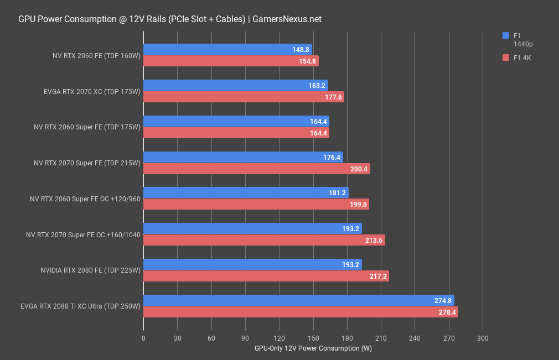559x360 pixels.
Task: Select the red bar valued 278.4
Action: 301,312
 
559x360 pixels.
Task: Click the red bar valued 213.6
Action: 264,240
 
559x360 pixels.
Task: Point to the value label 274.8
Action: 443,301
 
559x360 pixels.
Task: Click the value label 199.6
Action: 359,205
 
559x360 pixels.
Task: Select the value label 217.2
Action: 379,276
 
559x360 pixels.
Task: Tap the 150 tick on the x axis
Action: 313,338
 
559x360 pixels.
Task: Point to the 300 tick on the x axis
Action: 483,338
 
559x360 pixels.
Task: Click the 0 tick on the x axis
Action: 143,338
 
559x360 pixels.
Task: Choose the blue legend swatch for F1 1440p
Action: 505,36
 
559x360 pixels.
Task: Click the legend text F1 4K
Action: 522,58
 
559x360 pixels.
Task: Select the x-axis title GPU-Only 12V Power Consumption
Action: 313,349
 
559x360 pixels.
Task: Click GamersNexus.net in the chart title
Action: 287,19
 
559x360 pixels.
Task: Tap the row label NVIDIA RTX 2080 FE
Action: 91,270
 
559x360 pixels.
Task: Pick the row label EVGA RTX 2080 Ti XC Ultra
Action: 81,306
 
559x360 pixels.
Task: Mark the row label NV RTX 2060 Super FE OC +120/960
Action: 85,199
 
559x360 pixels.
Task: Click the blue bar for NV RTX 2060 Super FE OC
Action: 246,192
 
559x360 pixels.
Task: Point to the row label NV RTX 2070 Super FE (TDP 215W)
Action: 87,163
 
